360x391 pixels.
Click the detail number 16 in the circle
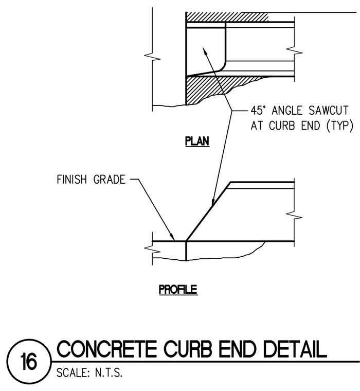[x=29, y=361]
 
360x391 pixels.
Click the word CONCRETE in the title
[x=107, y=349]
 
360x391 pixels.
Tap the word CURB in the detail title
[x=188, y=349]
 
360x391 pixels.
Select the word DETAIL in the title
[x=295, y=349]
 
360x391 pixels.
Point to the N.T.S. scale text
[x=109, y=373]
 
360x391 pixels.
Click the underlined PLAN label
[x=197, y=141]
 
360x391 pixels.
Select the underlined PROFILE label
[x=178, y=290]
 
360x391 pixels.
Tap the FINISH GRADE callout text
[x=91, y=180]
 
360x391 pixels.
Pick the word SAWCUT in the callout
[x=328, y=111]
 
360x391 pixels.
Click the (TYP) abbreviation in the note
[x=339, y=126]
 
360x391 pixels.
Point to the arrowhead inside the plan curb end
[x=205, y=51]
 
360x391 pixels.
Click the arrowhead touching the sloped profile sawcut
[x=213, y=202]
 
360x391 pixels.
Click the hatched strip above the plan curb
[x=227, y=17]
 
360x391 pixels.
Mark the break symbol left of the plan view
[x=152, y=57]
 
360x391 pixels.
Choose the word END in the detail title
[x=238, y=349]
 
